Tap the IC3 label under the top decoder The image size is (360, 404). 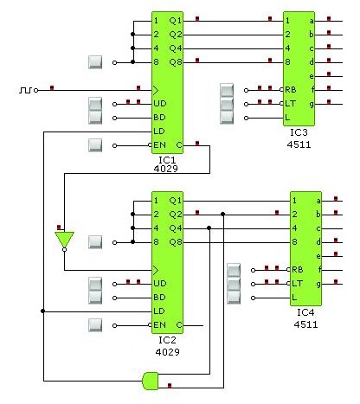click(299, 132)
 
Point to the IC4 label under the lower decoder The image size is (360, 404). click(305, 311)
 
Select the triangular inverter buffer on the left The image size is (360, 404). click(64, 239)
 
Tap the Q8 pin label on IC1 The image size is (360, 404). click(176, 61)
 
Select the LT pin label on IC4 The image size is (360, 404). click(298, 283)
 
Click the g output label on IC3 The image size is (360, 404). click(312, 103)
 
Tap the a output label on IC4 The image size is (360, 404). click(318, 201)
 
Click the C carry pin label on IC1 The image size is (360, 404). click(179, 145)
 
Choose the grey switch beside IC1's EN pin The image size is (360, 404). click(96, 145)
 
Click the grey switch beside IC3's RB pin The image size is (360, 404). click(227, 90)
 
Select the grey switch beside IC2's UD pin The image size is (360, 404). click(97, 284)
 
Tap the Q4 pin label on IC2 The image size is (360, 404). click(176, 228)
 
